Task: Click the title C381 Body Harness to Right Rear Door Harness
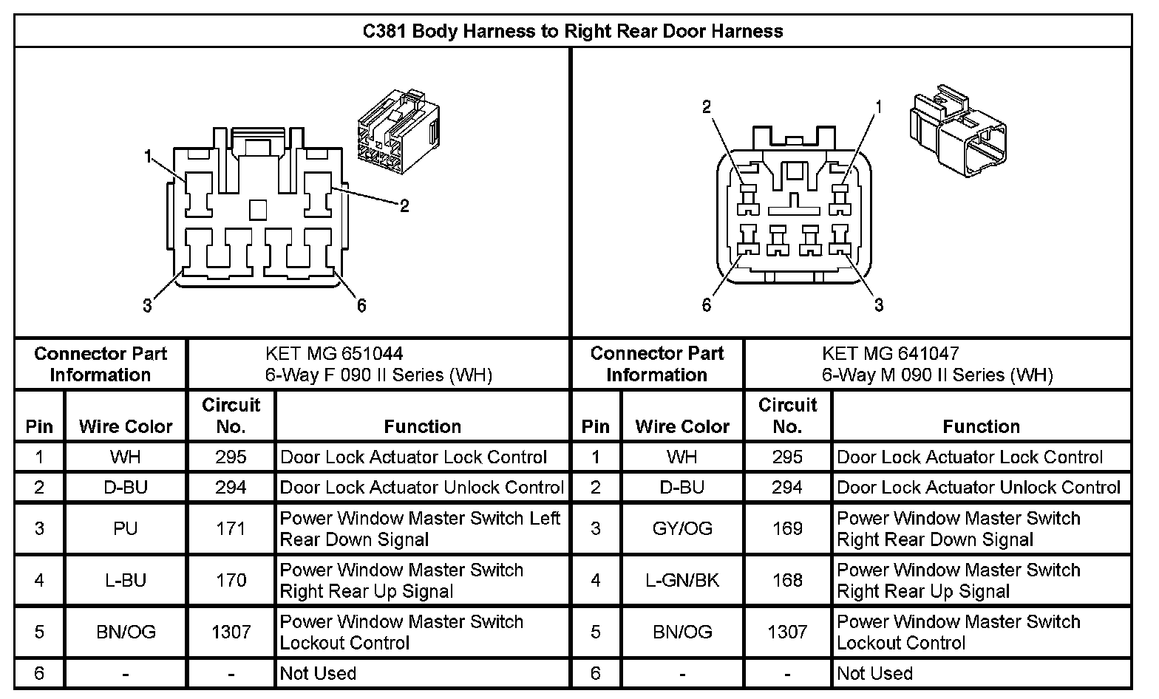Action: pos(572,31)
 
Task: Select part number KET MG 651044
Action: pos(334,354)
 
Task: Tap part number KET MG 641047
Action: pos(890,354)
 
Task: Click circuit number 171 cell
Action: pos(231,528)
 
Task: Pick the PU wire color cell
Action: pos(126,528)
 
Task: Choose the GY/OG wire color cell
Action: pos(682,528)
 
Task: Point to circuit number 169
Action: pos(787,528)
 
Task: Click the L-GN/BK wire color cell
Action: pos(682,580)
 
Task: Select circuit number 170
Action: pos(231,580)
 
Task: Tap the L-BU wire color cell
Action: pos(126,580)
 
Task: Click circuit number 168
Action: pos(787,580)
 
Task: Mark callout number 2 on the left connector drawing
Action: pos(404,206)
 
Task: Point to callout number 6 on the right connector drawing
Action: pos(706,305)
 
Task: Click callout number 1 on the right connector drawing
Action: pos(879,107)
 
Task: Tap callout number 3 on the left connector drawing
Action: pos(147,305)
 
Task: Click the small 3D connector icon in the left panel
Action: pos(398,133)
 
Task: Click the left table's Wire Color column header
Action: pos(126,426)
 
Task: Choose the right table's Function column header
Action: pos(981,426)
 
